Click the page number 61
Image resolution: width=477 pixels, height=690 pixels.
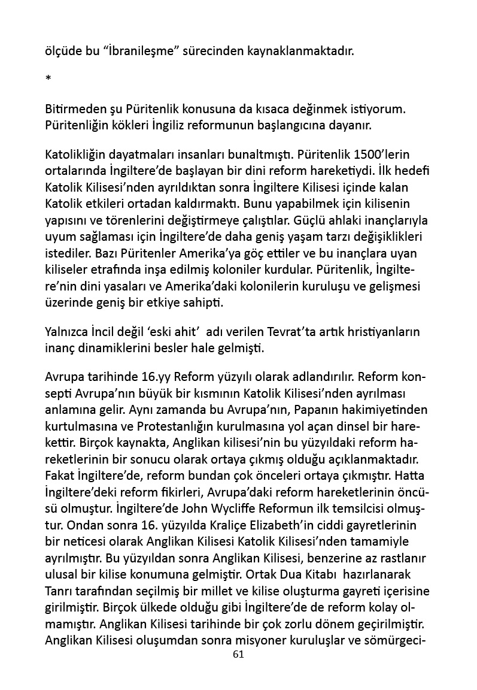(238, 654)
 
